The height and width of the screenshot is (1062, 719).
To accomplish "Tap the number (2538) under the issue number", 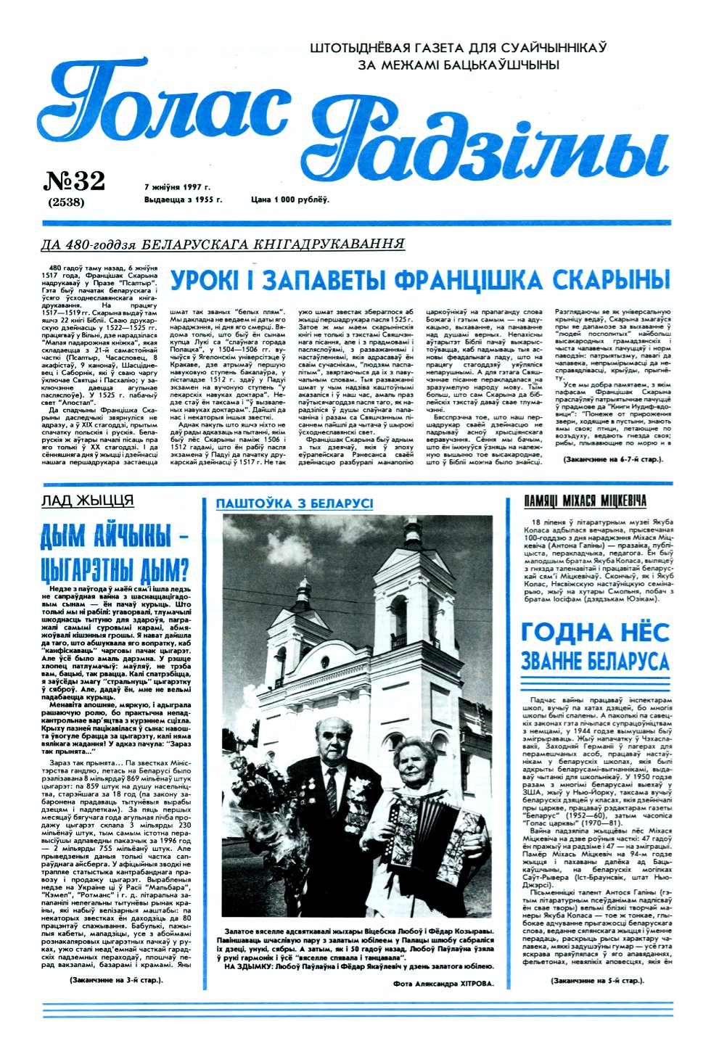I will click(x=66, y=202).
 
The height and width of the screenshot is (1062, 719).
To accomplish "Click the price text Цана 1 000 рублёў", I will click(x=289, y=199).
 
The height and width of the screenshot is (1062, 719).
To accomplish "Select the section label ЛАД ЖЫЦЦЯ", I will click(x=87, y=501).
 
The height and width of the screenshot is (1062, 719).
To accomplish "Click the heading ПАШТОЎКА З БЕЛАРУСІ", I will click(x=295, y=503).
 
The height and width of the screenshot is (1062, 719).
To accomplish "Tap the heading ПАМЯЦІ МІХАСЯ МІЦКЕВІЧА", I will click(x=585, y=501).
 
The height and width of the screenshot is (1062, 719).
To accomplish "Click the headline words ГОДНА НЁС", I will click(x=594, y=633).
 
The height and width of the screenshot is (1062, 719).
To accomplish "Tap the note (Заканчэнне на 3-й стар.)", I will click(x=116, y=980).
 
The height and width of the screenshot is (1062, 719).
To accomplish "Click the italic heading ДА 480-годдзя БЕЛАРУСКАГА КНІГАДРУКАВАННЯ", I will click(x=223, y=244).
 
